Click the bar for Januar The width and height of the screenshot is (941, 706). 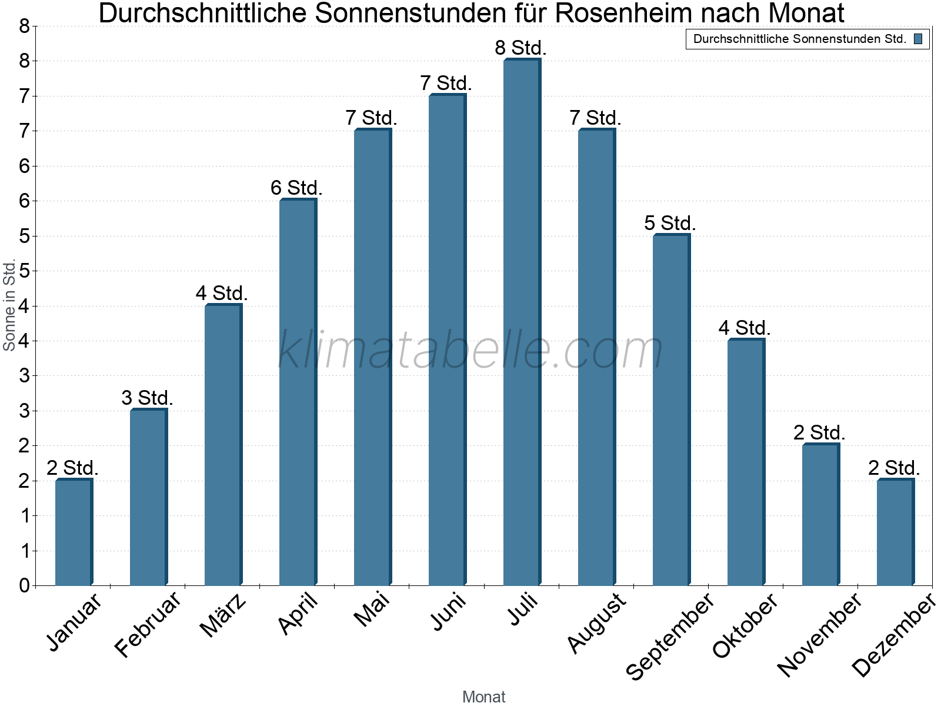tap(74, 532)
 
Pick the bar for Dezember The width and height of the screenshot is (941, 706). tap(895, 532)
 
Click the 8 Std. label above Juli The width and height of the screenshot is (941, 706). tap(521, 48)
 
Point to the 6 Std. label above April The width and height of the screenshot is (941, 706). tap(296, 188)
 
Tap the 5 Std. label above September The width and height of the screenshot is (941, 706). tap(670, 223)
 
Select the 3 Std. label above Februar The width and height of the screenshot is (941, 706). tap(147, 398)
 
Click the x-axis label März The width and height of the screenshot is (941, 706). tap(223, 616)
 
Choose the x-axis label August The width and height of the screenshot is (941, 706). tap(597, 622)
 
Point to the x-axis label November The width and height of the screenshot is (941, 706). tap(819, 634)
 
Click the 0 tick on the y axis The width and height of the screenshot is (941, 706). tap(24, 585)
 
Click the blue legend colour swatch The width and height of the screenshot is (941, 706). tap(918, 39)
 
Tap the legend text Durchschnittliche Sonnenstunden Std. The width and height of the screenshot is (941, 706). tap(799, 39)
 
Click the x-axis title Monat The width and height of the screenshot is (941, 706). tap(483, 697)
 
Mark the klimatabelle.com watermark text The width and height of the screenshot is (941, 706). tap(470, 351)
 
